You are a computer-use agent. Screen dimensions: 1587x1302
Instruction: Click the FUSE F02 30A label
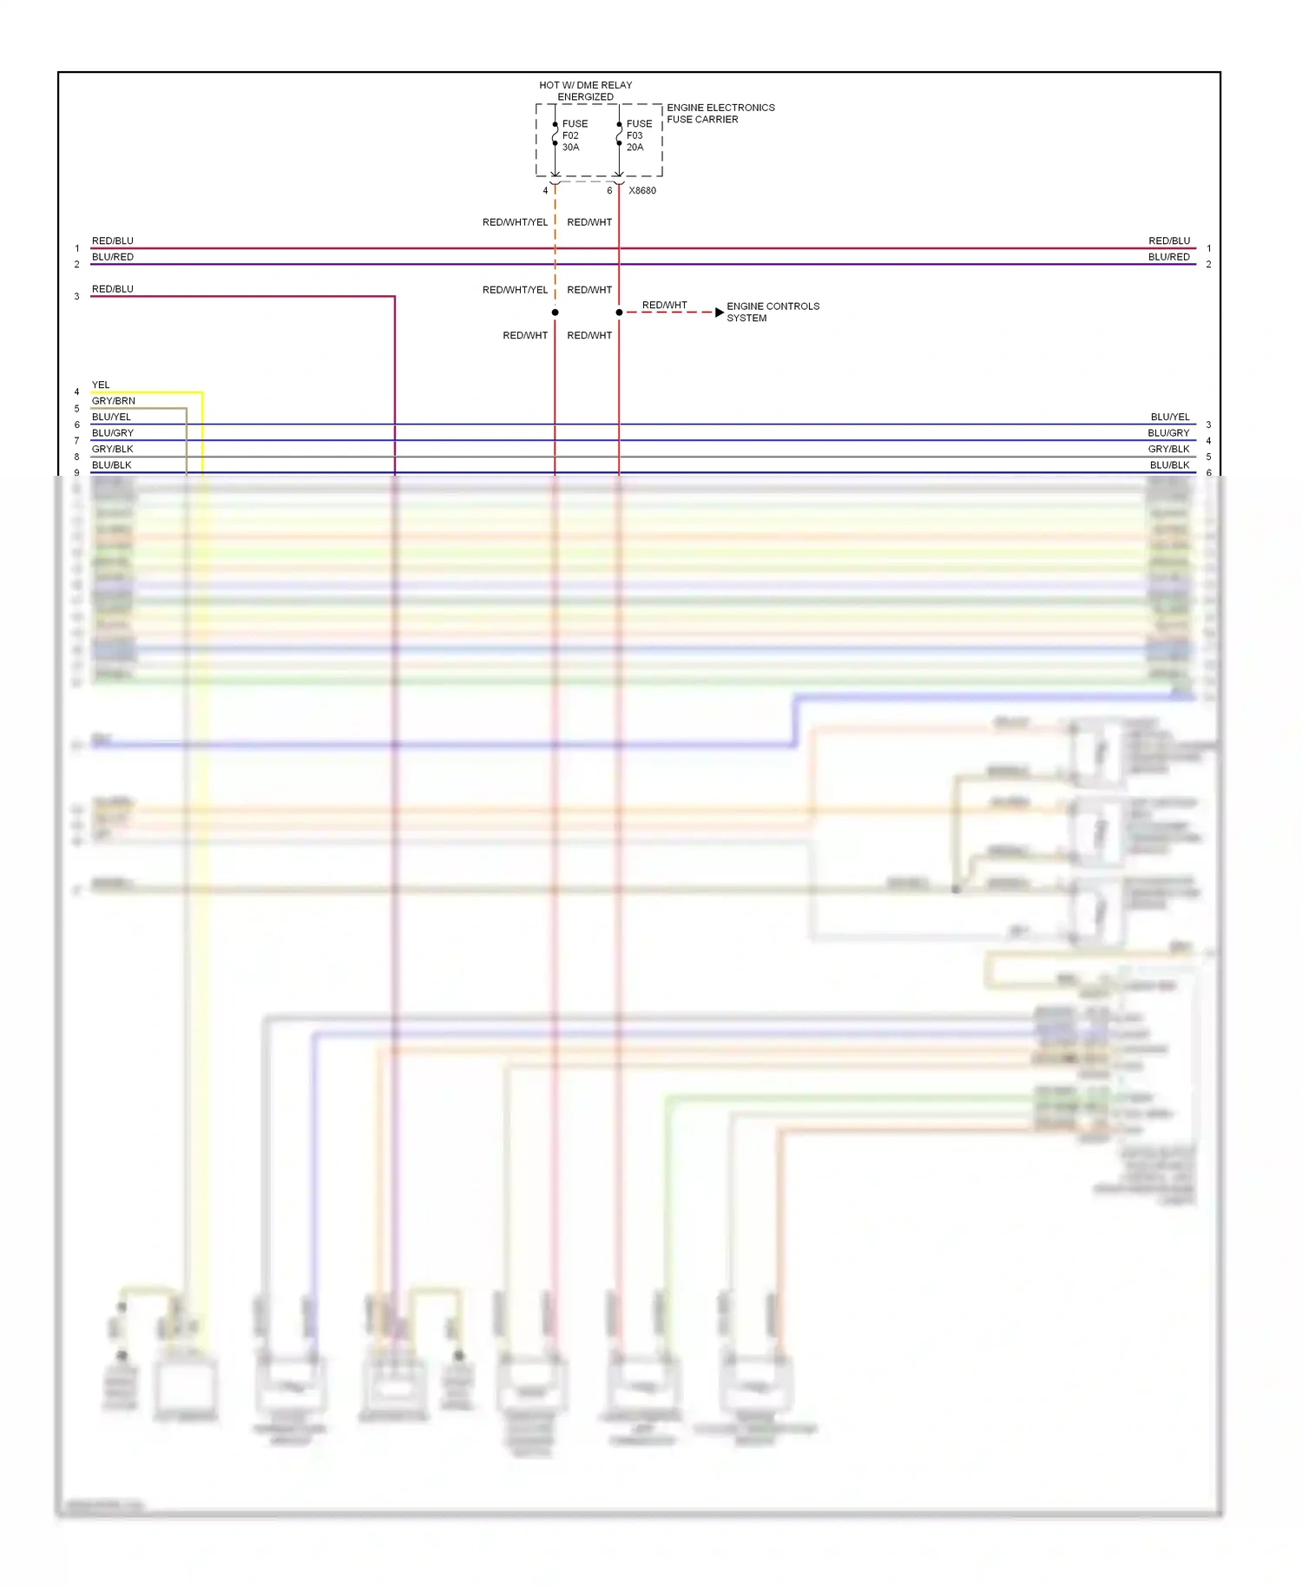(x=574, y=135)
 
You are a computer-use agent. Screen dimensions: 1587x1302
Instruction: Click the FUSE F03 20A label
(x=638, y=135)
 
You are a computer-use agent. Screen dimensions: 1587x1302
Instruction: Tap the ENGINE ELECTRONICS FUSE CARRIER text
(x=720, y=114)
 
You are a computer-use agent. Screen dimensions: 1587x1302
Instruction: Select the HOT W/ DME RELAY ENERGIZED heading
(x=585, y=91)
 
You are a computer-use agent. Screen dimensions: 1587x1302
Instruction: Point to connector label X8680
(x=642, y=191)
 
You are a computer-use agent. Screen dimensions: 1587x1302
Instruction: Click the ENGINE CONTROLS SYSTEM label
(x=772, y=313)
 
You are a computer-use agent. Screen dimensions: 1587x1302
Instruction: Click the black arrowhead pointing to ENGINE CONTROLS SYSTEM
(x=719, y=313)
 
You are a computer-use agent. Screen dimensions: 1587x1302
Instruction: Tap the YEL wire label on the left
(x=101, y=385)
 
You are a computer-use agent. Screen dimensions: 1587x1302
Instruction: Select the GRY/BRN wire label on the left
(x=113, y=401)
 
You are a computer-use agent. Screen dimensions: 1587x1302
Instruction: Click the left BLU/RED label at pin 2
(x=112, y=257)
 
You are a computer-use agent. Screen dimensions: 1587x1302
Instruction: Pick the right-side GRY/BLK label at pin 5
(x=1168, y=449)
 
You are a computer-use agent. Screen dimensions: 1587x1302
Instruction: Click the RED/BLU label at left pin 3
(x=112, y=289)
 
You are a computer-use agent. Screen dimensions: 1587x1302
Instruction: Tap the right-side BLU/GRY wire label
(x=1168, y=433)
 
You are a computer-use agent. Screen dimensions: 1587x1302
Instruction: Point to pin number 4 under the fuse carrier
(x=545, y=191)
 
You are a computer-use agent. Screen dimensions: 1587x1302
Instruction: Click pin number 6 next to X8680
(x=609, y=191)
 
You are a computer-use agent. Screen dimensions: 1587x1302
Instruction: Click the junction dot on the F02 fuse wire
(x=555, y=313)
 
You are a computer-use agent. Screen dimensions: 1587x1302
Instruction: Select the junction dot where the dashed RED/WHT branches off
(x=619, y=313)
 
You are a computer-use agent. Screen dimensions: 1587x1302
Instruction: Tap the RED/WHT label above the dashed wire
(x=664, y=305)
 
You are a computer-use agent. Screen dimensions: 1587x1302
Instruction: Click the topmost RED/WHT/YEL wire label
(x=515, y=222)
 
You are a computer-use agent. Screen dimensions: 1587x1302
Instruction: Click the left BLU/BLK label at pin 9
(x=111, y=465)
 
